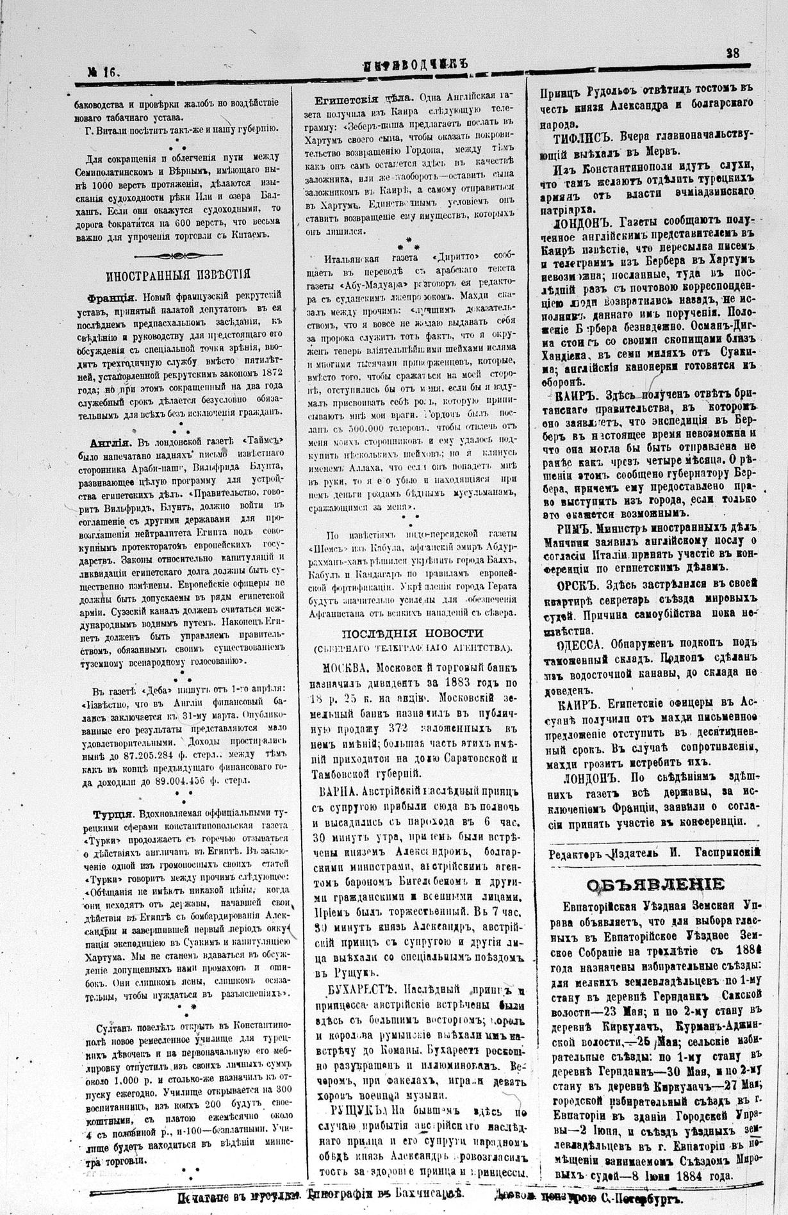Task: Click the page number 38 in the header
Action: (732, 54)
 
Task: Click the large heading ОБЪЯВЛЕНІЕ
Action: (656, 885)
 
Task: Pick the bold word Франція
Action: (113, 298)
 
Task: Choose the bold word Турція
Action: (112, 814)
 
